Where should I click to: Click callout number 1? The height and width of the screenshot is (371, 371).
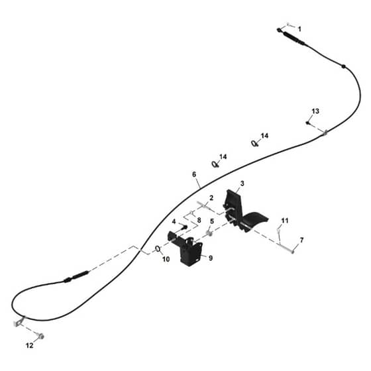[x=299, y=29]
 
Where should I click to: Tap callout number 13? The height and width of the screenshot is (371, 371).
[x=315, y=111]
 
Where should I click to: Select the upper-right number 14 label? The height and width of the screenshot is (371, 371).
[x=264, y=136]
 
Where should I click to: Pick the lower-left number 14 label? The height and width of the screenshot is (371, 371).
[x=223, y=156]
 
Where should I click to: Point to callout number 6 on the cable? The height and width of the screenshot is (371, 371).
[x=194, y=174]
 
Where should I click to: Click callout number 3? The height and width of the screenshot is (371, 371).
[x=242, y=184]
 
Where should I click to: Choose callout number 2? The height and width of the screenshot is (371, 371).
[x=211, y=198]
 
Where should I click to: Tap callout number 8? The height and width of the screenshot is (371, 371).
[x=199, y=220]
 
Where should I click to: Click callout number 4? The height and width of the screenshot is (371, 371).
[x=174, y=222]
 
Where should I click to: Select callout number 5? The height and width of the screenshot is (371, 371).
[x=212, y=221]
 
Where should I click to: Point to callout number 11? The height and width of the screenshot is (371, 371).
[x=285, y=221]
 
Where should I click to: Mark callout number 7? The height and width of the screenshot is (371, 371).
[x=301, y=240]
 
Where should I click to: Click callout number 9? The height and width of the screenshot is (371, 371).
[x=211, y=258]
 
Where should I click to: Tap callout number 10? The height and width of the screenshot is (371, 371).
[x=166, y=259]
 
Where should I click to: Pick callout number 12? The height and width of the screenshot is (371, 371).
[x=29, y=345]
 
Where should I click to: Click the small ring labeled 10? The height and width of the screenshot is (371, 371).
[x=158, y=249]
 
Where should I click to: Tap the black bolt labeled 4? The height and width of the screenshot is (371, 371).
[x=184, y=227]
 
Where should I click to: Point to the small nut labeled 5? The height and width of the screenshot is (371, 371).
[x=209, y=233]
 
